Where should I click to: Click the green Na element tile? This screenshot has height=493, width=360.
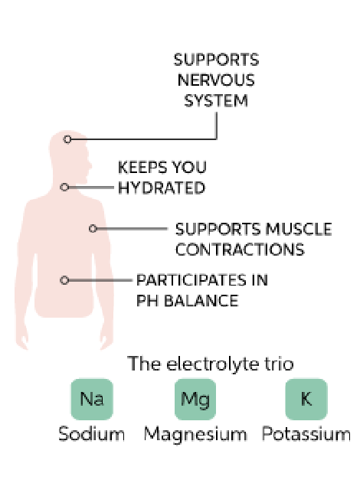92,399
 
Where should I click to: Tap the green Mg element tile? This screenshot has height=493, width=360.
195,399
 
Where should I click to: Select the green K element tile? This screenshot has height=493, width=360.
306,399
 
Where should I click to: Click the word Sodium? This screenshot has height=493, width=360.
92,435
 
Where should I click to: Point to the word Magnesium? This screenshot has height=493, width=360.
195,435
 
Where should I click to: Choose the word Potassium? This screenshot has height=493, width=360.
306,435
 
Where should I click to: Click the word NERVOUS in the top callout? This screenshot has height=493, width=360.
216,80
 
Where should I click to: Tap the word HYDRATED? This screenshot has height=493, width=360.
161,188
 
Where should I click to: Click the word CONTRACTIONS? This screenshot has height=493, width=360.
240,250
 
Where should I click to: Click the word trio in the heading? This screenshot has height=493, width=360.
277,364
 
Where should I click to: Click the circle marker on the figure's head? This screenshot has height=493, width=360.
67,139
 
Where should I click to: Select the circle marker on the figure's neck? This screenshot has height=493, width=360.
64,187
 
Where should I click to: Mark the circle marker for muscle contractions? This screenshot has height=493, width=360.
92,228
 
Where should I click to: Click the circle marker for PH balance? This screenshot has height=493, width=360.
64,280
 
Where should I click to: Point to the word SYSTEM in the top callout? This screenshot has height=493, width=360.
216,100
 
